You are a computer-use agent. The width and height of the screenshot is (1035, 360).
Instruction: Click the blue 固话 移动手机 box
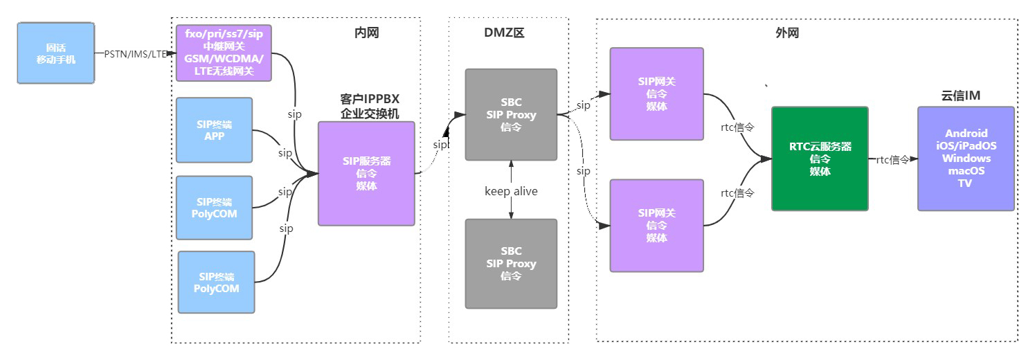click(55, 53)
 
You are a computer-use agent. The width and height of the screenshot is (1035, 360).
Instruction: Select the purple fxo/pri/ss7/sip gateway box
click(224, 53)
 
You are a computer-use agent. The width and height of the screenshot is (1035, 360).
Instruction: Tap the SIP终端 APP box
click(215, 130)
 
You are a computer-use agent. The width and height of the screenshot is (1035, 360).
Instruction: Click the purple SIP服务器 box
click(366, 173)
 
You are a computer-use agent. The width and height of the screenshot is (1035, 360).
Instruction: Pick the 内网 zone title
click(366, 33)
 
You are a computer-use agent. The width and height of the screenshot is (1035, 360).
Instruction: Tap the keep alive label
click(511, 191)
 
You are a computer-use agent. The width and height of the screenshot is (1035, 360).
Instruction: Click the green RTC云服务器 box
click(820, 159)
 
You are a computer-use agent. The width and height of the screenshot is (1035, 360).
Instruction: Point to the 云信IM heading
click(961, 96)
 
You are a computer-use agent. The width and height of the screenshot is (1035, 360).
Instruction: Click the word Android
click(966, 133)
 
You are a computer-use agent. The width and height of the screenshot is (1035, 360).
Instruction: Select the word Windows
click(966, 159)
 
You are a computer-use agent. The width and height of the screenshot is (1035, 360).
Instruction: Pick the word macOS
click(966, 171)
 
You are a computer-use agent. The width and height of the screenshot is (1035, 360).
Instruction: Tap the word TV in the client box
click(966, 183)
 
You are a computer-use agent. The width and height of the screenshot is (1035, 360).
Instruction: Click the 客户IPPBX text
click(370, 99)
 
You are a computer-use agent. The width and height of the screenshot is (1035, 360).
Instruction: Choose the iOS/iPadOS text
click(966, 145)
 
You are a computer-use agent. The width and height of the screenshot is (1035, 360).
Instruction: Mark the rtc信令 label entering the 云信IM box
click(892, 160)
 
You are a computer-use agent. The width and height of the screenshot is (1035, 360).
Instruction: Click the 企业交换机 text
click(370, 114)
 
